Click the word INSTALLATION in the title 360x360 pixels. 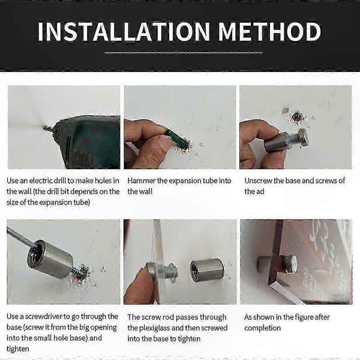pyautogui.click(x=124, y=32)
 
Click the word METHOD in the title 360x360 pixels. pyautogui.click(x=269, y=32)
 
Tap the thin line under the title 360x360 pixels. pyautogui.click(x=184, y=53)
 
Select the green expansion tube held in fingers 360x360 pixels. pyautogui.click(x=177, y=139)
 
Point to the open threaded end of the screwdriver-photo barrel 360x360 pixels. pyautogui.click(x=35, y=253)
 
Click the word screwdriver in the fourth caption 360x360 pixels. pyautogui.click(x=44, y=316)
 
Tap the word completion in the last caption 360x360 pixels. pyautogui.click(x=262, y=328)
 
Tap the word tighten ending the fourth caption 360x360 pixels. pyautogui.click(x=17, y=349)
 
